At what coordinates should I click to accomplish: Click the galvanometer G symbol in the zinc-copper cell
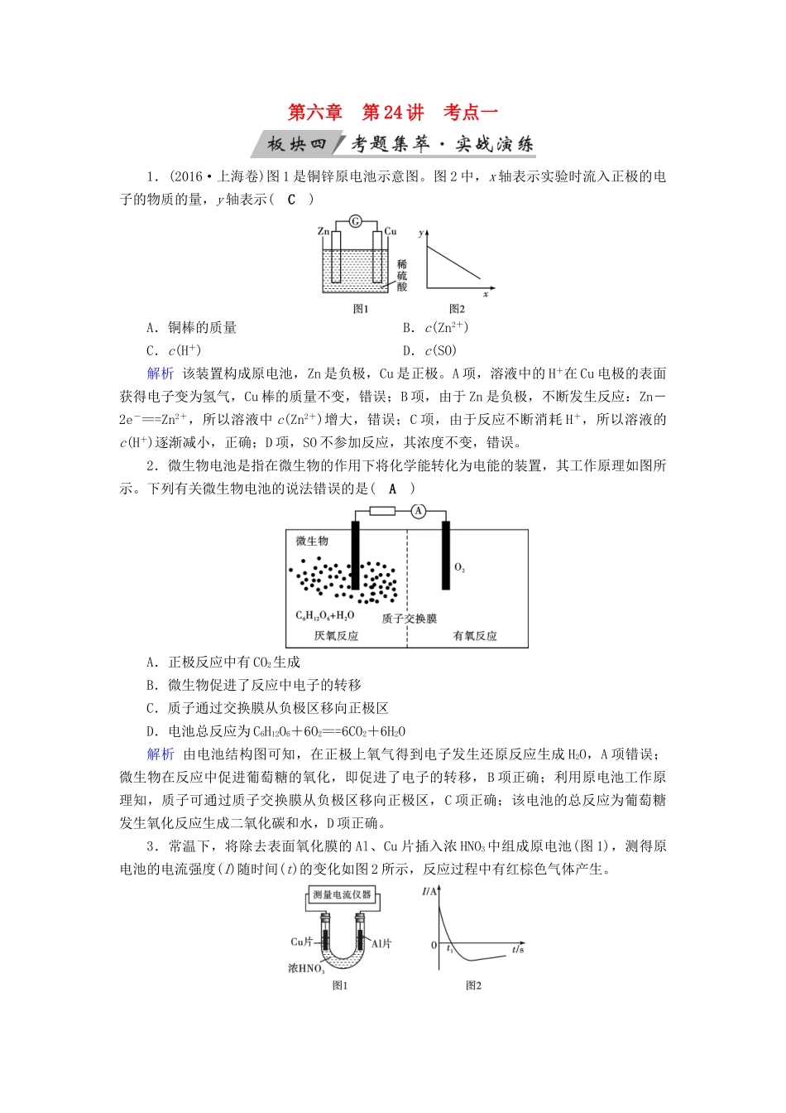(x=356, y=221)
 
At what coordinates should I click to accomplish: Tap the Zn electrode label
(x=324, y=231)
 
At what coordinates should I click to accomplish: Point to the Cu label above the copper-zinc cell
(x=391, y=231)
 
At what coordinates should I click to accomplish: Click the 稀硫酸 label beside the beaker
(x=402, y=276)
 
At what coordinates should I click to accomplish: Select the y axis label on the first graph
(x=421, y=233)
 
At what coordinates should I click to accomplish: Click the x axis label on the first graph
(x=486, y=294)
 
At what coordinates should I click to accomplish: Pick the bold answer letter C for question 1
(x=291, y=200)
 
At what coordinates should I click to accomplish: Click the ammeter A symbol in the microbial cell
(x=419, y=511)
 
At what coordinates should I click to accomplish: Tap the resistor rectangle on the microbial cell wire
(x=381, y=511)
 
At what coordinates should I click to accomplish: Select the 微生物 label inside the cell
(x=312, y=541)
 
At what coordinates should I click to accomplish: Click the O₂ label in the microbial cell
(x=459, y=568)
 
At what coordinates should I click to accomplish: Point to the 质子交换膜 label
(x=409, y=619)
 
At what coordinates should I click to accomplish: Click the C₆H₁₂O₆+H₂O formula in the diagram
(x=324, y=615)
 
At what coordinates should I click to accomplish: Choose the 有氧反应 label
(x=475, y=636)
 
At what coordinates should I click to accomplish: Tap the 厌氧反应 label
(x=336, y=636)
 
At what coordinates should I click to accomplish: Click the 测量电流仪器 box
(x=342, y=895)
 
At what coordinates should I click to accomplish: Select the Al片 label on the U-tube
(x=381, y=943)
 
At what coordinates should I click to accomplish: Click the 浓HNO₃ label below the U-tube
(x=306, y=968)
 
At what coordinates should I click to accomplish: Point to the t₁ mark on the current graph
(x=449, y=949)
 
